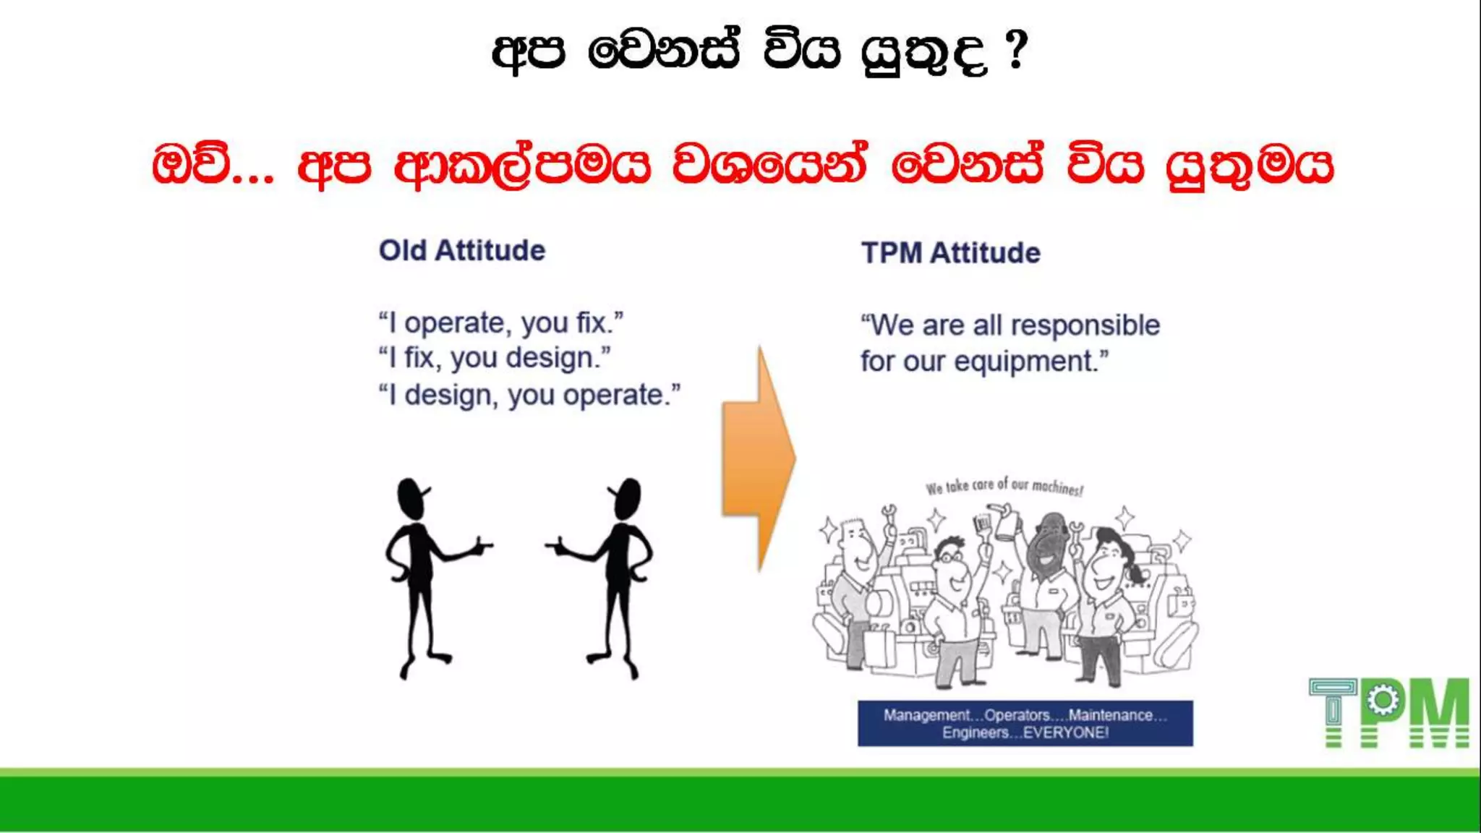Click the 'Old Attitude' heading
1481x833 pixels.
pyautogui.click(x=462, y=251)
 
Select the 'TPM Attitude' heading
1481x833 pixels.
pyautogui.click(x=950, y=253)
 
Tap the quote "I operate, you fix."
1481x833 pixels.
pyautogui.click(x=500, y=322)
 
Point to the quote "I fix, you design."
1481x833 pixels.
pyautogui.click(x=494, y=358)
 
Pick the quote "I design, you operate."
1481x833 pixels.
pyautogui.click(x=529, y=396)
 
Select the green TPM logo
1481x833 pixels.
pyautogui.click(x=1388, y=712)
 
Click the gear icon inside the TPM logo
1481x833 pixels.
pyautogui.click(x=1383, y=700)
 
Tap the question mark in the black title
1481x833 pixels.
pyautogui.click(x=1016, y=51)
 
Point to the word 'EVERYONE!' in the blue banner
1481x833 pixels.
pyautogui.click(x=1066, y=732)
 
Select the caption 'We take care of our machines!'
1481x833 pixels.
pyautogui.click(x=1004, y=487)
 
